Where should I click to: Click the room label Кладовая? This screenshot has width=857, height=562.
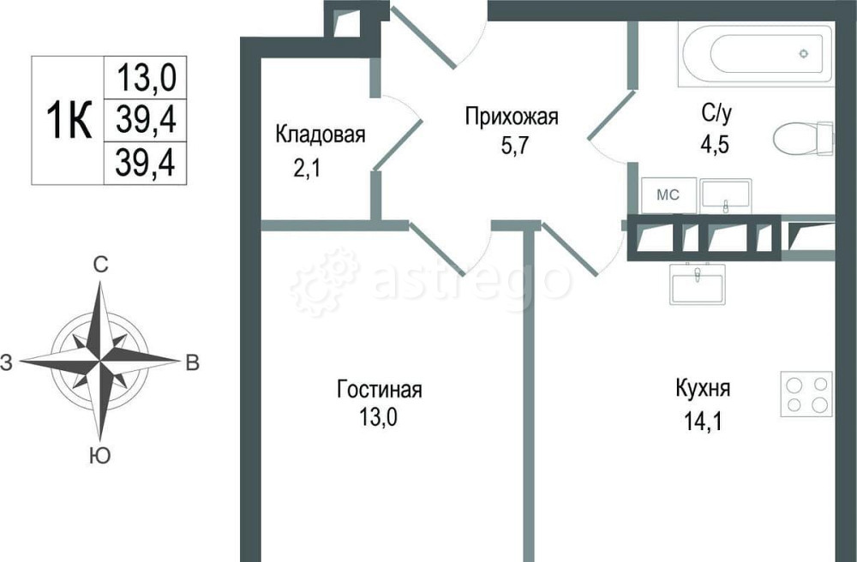click(320, 135)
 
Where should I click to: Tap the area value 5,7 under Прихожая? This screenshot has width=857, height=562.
click(512, 144)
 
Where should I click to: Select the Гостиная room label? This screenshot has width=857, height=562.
click(379, 391)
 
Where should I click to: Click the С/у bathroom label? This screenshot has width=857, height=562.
click(717, 111)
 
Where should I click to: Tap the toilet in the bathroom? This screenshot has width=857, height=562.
click(803, 138)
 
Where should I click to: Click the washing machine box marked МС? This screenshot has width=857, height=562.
click(668, 195)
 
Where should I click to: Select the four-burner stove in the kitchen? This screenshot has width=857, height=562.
click(806, 394)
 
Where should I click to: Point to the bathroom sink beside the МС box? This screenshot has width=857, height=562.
click(725, 195)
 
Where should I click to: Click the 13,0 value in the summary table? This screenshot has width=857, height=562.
click(146, 79)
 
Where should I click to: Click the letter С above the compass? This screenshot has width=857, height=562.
click(100, 266)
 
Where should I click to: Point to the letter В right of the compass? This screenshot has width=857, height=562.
click(193, 363)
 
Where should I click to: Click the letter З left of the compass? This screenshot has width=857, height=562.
click(7, 363)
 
